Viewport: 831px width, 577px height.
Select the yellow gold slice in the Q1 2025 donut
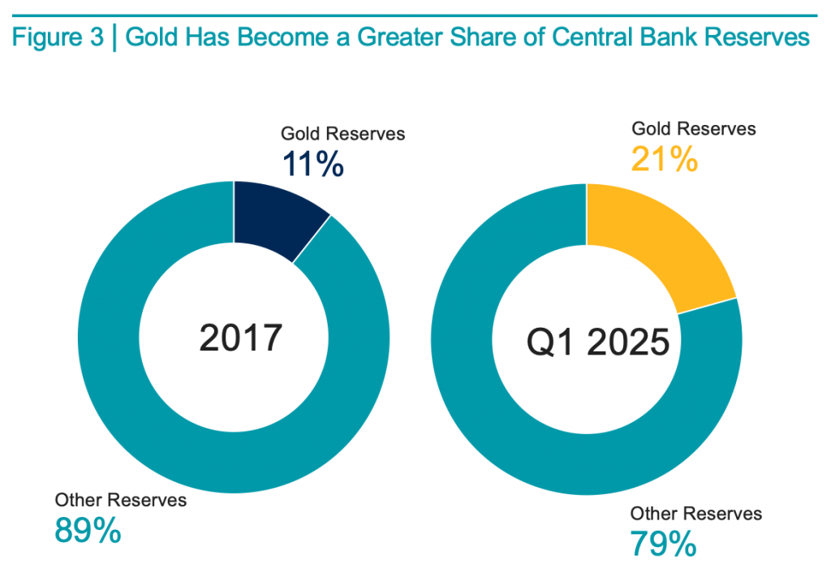649,240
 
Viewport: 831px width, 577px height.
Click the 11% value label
313,164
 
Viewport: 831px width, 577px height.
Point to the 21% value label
665,159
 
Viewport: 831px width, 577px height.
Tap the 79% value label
663,543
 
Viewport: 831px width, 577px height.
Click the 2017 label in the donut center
240,338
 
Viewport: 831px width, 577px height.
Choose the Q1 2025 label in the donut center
598,343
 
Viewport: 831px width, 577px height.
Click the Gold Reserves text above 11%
342,134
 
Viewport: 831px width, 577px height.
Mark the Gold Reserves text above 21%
694,129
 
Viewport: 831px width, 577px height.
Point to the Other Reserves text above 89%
120,500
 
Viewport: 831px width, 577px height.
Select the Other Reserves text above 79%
696,513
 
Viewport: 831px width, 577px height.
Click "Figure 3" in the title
58,37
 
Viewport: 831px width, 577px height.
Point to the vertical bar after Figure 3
114,37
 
